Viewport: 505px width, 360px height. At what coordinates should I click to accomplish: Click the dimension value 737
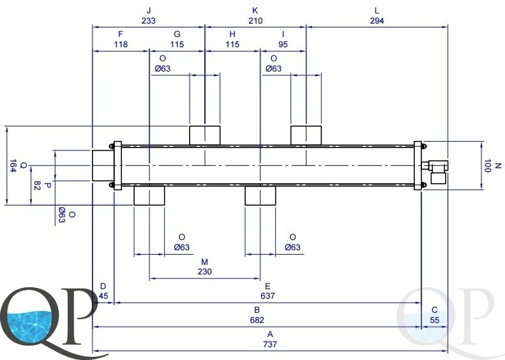pos(270,344)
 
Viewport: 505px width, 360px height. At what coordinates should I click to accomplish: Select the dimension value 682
pos(257,320)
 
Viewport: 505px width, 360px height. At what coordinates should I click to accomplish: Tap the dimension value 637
pos(268,296)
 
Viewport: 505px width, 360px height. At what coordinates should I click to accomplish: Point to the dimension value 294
pos(377,21)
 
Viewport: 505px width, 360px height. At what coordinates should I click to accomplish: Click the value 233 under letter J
pos(149,21)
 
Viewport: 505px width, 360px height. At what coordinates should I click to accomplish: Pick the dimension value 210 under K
pos(255,21)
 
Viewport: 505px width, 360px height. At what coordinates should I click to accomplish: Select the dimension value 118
pos(121,44)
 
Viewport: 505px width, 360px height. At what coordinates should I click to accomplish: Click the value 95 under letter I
pos(283,44)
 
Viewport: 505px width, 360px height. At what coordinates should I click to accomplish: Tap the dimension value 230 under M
pos(204,272)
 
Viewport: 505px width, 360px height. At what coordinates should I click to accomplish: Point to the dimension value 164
pos(12,166)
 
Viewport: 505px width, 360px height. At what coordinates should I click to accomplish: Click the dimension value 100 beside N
pos(487,166)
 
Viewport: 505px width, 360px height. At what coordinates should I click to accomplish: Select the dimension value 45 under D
pos(103,296)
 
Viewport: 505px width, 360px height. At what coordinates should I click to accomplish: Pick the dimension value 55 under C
pos(435,320)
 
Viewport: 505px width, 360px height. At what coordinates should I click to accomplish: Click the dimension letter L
pos(377,11)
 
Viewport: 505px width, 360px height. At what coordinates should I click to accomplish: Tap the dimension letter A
pos(270,334)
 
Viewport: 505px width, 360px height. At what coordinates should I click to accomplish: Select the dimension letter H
pos(232,34)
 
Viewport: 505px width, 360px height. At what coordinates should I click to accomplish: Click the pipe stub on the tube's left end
pos(103,165)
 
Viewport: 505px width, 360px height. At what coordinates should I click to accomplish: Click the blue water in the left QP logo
pos(29,326)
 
